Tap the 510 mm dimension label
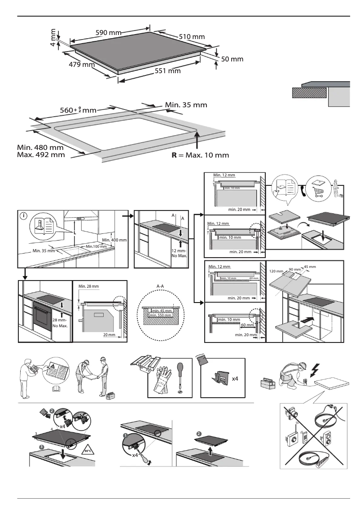coord(192,36)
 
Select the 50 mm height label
coord(232,59)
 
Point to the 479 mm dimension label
coord(81,65)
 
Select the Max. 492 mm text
coord(40,155)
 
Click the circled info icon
coord(23,215)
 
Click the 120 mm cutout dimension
coord(277,272)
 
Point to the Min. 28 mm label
coord(88,286)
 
